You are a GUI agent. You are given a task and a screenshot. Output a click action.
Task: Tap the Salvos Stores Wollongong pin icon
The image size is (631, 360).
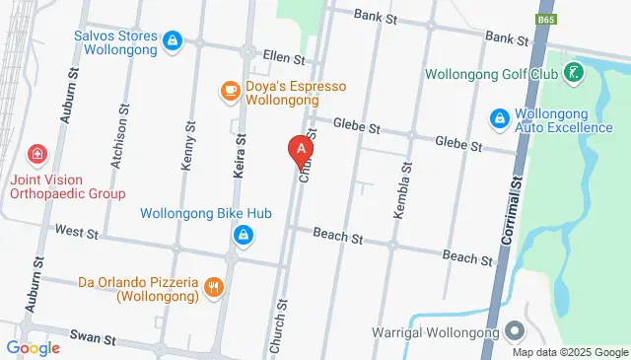click(x=173, y=39)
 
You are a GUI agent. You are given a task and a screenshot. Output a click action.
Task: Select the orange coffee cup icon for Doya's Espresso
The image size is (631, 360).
click(x=230, y=92)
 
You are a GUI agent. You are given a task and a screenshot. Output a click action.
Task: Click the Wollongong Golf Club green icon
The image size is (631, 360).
click(x=573, y=74)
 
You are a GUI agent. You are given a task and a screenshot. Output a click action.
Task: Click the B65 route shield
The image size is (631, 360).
click(x=545, y=19)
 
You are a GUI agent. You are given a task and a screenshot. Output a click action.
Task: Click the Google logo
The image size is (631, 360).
click(x=33, y=347)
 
